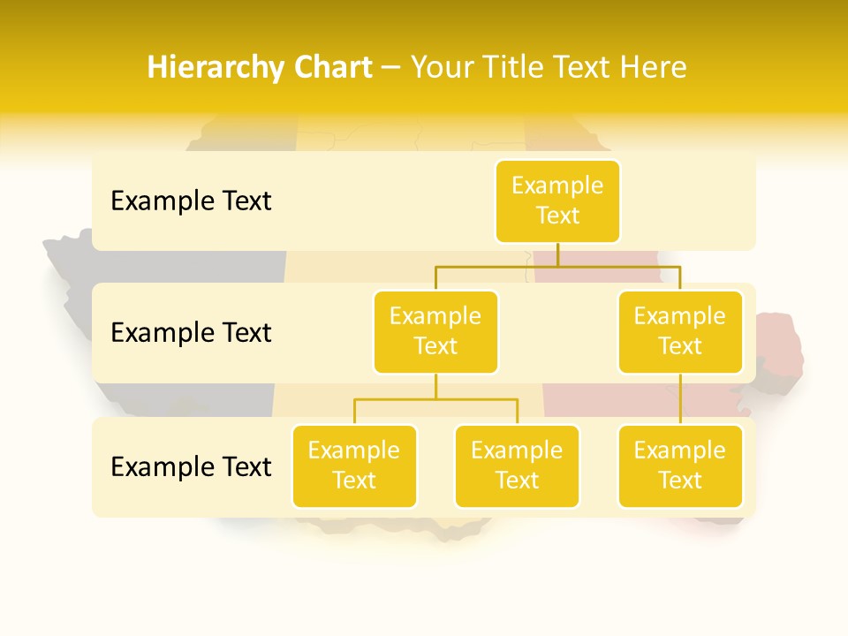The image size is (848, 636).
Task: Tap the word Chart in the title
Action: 329,67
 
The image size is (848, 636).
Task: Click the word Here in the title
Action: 655,67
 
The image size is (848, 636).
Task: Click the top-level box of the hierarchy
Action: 557,201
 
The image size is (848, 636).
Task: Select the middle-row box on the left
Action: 435,331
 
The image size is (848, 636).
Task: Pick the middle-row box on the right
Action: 680,331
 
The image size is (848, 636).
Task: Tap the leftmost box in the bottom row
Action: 354,466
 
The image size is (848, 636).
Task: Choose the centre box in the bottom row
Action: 517,466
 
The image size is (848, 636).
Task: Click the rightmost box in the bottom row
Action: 680,466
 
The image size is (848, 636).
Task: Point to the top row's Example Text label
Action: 191,201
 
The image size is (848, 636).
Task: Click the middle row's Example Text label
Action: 191,332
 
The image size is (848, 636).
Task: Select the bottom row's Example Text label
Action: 191,466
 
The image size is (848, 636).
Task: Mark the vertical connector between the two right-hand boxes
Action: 680,399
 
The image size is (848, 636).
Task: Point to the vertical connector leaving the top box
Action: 557,254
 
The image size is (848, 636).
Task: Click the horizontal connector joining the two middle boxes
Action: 557,265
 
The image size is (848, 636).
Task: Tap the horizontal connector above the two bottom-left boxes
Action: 435,399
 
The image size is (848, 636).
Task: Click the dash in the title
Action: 390,67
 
